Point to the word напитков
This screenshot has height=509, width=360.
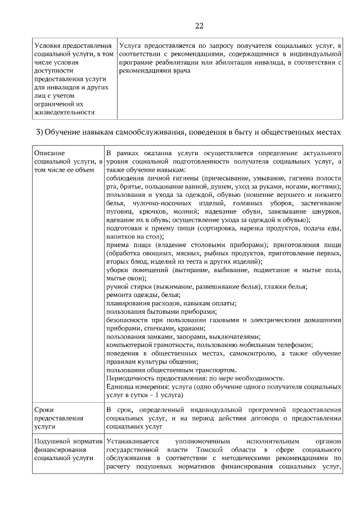pos(120,237)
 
